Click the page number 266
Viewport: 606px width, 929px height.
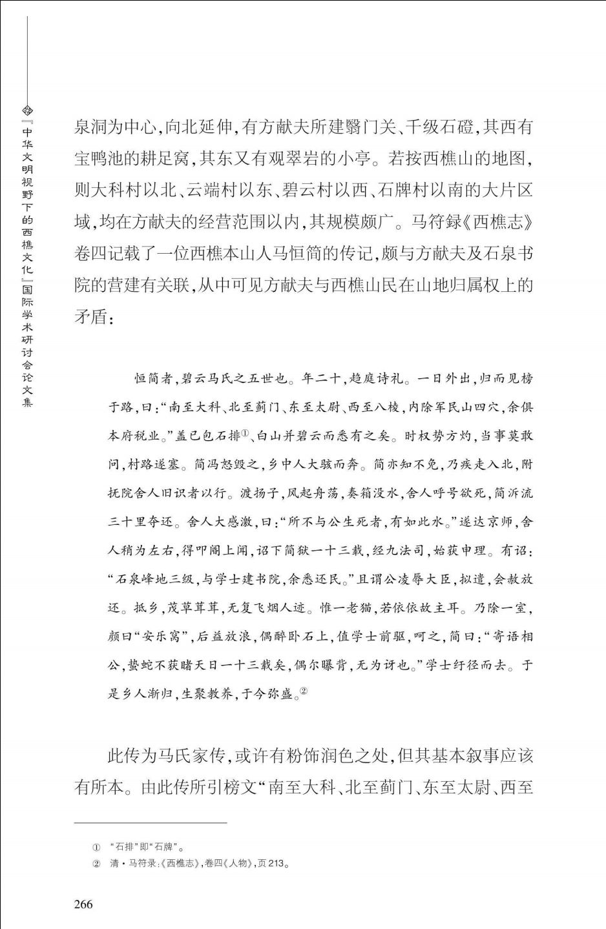point(83,904)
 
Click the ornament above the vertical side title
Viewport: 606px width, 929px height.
point(27,111)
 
